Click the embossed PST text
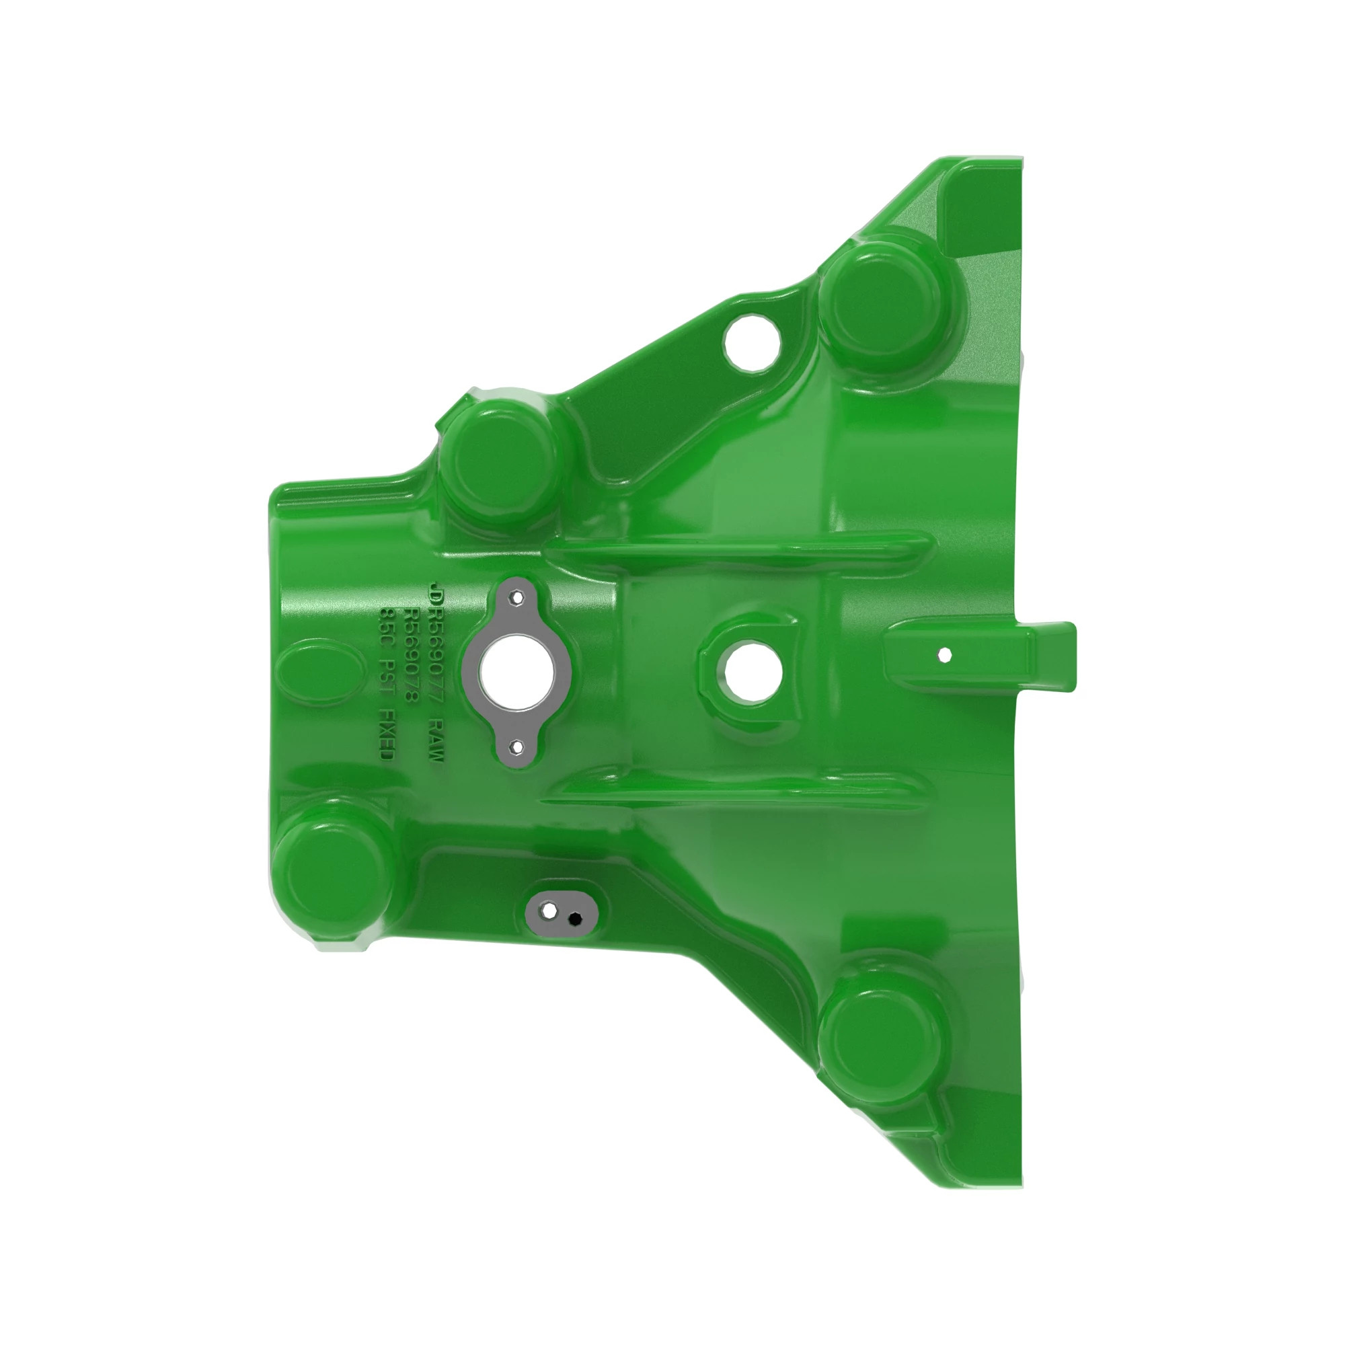387,673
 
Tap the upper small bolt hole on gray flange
516,597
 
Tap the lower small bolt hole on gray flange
516,747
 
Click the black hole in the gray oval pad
575,919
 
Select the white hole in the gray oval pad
549,911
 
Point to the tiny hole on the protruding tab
945,654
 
